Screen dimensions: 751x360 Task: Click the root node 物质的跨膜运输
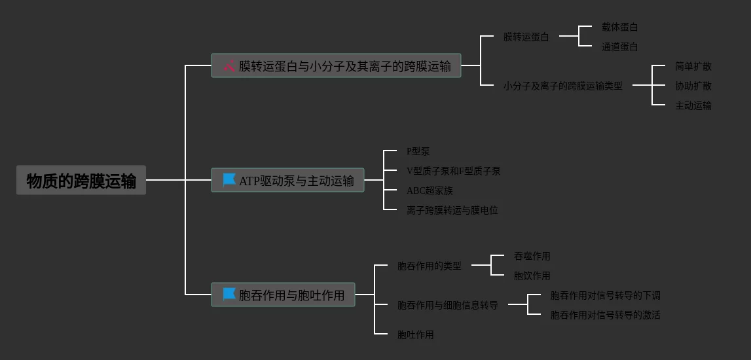click(x=81, y=181)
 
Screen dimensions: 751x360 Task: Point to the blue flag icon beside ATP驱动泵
click(x=229, y=179)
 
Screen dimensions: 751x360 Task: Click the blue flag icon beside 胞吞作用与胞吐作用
click(x=229, y=294)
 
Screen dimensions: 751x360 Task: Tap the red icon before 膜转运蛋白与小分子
click(x=229, y=65)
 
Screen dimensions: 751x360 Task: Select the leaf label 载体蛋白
click(x=619, y=27)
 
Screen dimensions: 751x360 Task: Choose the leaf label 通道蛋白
click(x=619, y=47)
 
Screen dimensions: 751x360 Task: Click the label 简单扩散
click(x=693, y=67)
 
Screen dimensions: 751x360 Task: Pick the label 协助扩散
click(x=693, y=86)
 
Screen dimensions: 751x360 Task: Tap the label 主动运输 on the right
click(x=693, y=106)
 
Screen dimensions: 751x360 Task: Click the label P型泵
click(x=418, y=152)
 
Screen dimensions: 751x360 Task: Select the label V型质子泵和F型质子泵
click(x=453, y=171)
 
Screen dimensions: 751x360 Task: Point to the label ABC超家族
click(x=429, y=191)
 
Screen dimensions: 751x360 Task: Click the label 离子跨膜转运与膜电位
click(x=452, y=211)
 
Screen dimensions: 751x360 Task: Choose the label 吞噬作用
click(x=532, y=257)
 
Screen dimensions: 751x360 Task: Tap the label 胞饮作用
click(x=532, y=276)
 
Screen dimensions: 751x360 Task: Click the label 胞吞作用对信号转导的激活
click(x=605, y=315)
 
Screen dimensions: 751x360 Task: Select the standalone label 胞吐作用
click(x=415, y=335)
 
